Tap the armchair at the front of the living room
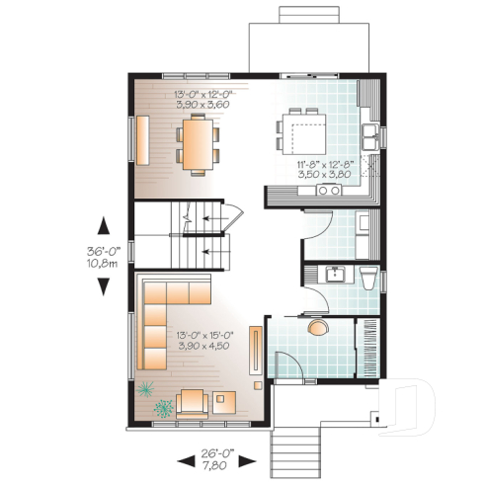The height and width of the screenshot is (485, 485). point(191,401)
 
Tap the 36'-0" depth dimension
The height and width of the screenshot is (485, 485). point(103,251)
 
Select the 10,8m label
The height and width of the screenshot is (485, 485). point(103,264)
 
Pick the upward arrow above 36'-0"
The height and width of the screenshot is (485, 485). point(103,225)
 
